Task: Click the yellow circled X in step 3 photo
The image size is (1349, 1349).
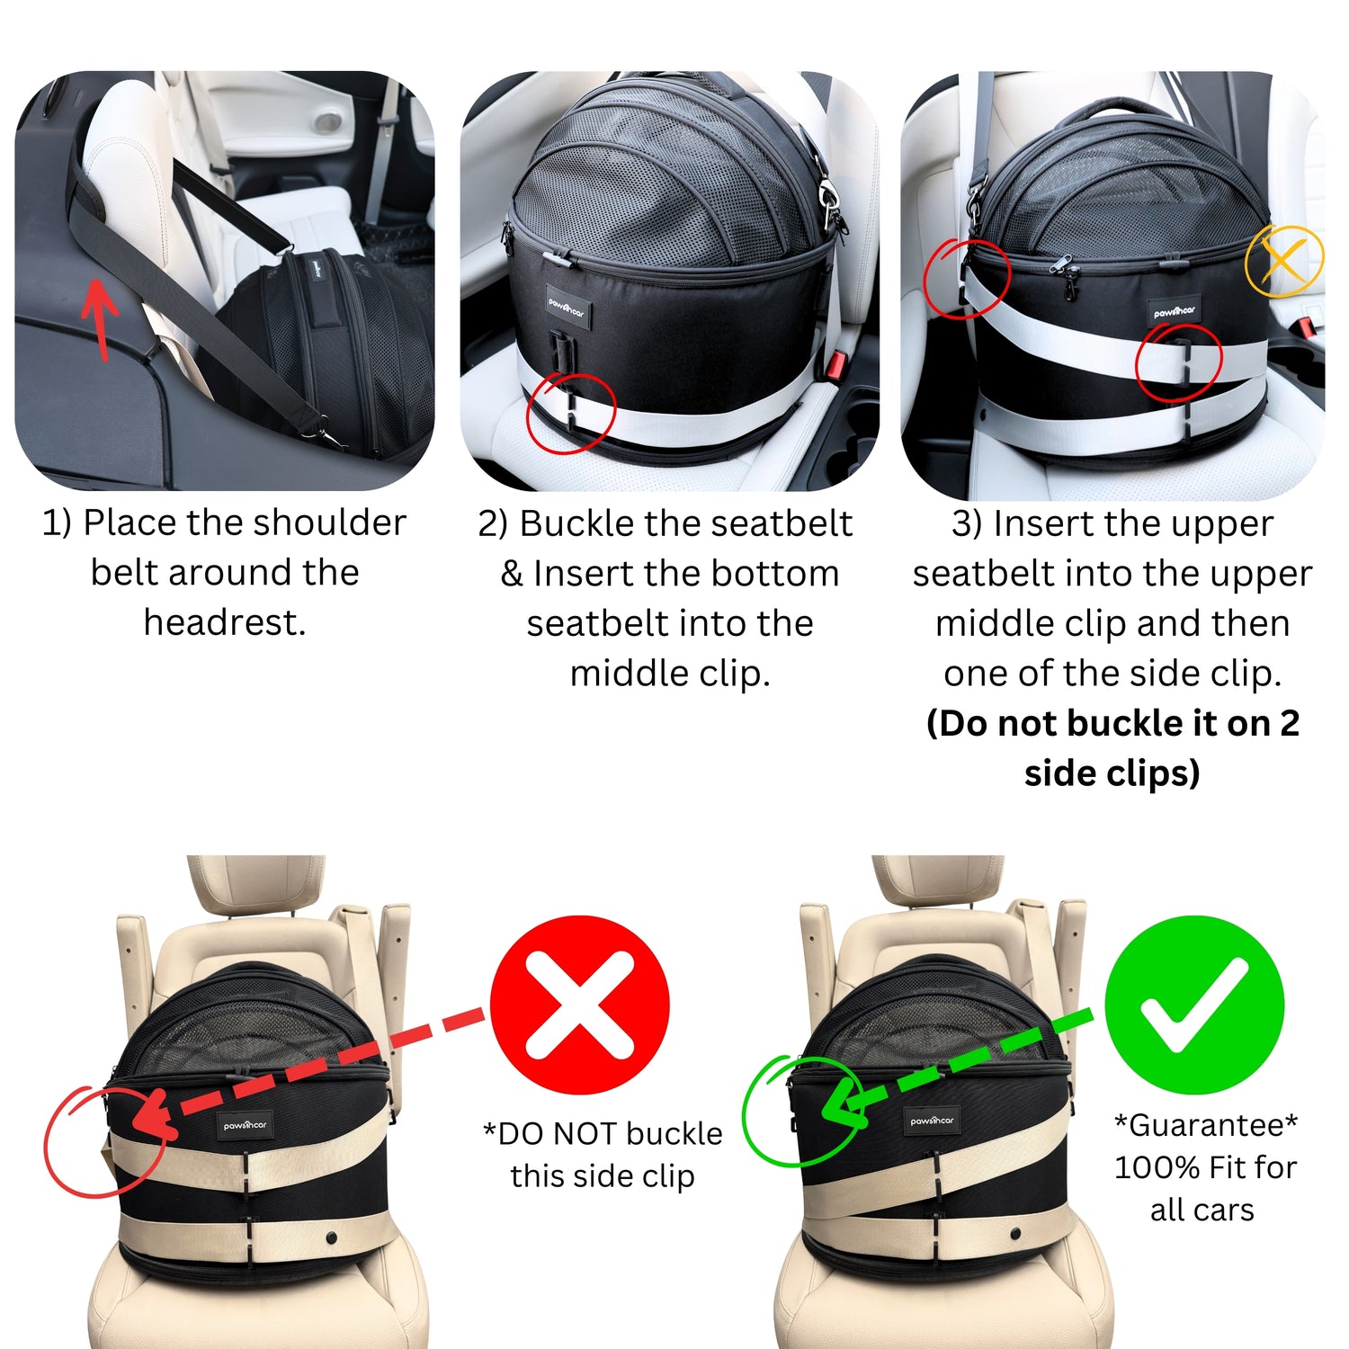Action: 1284,261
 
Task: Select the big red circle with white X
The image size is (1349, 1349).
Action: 580,1005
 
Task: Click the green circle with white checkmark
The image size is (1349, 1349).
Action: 1194,1005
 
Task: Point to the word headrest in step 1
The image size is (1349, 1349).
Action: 225,622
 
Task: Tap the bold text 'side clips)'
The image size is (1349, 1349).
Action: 1112,773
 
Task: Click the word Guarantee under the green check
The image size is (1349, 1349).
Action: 1206,1125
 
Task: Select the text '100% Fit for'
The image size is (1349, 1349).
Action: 1205,1167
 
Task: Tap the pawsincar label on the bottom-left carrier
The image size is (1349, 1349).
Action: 245,1125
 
